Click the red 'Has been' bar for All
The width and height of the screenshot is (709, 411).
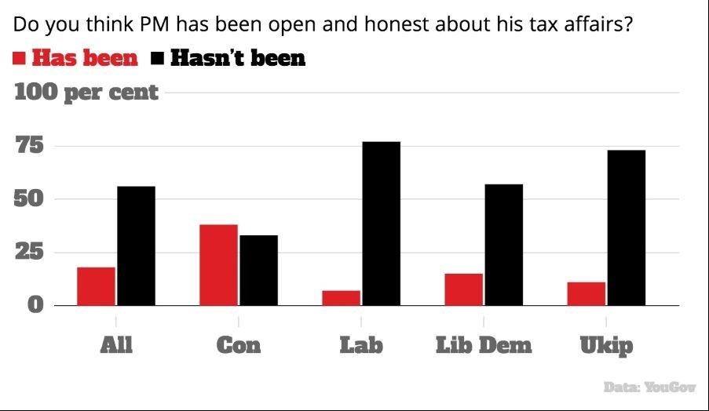point(96,286)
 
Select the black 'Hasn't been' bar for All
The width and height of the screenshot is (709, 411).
point(137,246)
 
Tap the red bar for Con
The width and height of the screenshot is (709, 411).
point(218,265)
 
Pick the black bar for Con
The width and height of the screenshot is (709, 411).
point(259,270)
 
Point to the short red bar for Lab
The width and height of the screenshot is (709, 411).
point(341,297)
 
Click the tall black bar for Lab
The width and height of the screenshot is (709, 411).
point(382,224)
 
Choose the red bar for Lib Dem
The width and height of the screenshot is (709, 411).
point(463,289)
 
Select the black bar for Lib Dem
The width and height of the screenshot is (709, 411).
point(504,245)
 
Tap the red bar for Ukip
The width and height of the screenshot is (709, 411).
point(586,293)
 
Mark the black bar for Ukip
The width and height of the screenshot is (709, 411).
point(627,227)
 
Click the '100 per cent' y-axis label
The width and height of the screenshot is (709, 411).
point(86,93)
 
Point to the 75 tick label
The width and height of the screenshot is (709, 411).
point(29,146)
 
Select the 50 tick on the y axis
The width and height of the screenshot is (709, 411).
point(29,199)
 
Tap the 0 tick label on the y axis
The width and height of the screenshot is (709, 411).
point(35,304)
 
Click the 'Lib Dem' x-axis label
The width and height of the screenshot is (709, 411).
point(484,345)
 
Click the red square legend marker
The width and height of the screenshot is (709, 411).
point(20,58)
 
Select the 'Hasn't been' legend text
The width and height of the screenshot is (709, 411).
point(237,58)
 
